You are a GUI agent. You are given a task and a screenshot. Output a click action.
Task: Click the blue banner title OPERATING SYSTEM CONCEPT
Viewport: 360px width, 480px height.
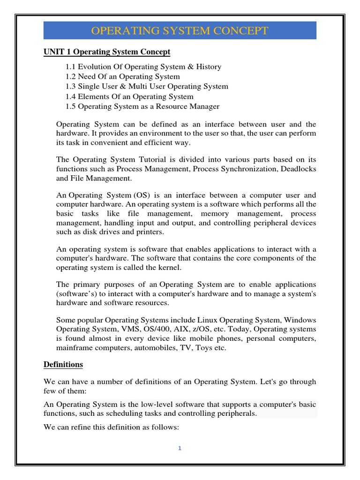(x=180, y=31)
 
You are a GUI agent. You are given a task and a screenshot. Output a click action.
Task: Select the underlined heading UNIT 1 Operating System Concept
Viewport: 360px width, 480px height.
(x=107, y=52)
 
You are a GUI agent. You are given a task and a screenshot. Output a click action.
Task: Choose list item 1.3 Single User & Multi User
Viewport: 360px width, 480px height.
(x=147, y=86)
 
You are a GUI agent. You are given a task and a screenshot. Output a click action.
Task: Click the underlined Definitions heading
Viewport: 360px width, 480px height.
(x=63, y=364)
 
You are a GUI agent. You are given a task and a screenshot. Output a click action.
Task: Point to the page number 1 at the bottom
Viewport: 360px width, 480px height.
(x=180, y=448)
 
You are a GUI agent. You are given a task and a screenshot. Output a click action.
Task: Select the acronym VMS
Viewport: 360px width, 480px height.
(x=134, y=329)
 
